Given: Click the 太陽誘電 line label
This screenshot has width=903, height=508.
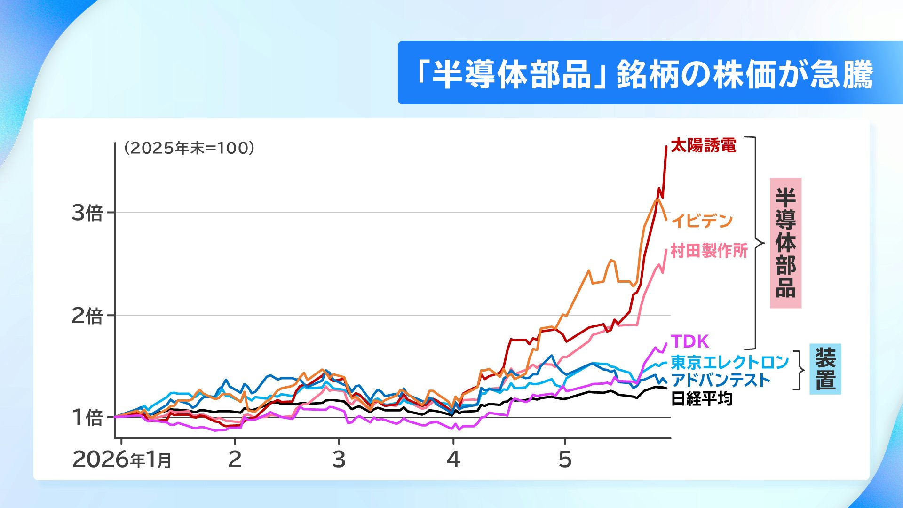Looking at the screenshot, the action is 703,146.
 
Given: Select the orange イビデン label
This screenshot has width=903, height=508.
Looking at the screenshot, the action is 702,221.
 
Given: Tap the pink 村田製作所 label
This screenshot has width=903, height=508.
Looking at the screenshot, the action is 709,251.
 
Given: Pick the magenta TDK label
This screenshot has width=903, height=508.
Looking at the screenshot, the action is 689,341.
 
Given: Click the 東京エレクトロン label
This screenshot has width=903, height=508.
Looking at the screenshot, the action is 730,362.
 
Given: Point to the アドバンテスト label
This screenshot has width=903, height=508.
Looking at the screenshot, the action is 721,380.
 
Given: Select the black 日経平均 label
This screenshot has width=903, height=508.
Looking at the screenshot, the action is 702,399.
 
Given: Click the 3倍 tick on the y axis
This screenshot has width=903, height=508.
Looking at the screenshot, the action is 87,213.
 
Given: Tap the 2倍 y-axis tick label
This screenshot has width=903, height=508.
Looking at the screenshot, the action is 87,316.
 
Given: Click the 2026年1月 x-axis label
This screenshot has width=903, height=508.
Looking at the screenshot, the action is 122,459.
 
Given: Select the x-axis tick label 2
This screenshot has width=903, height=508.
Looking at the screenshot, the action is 235,459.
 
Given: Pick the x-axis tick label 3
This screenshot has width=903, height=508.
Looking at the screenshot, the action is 339,459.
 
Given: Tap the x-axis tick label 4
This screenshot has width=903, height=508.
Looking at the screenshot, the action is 453,459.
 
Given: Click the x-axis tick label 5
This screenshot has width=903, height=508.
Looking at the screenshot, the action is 565,459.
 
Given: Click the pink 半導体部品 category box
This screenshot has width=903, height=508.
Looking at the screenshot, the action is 785,243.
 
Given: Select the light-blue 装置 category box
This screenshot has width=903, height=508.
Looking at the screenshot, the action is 825,369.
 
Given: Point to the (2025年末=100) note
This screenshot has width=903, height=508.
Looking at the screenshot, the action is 189,148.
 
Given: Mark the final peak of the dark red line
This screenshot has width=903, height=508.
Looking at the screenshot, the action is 666,147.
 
